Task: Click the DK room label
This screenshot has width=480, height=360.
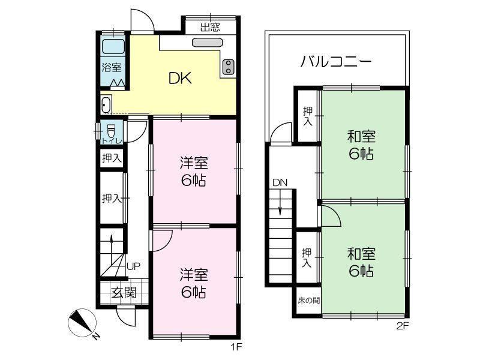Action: (181, 78)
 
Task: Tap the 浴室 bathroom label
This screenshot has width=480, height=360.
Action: (112, 67)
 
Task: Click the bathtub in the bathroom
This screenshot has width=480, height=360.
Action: (113, 47)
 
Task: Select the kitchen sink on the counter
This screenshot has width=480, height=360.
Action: (207, 42)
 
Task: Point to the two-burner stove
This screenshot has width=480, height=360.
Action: (229, 67)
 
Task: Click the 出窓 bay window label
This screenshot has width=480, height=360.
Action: (210, 28)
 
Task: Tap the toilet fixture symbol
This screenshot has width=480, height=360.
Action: (111, 131)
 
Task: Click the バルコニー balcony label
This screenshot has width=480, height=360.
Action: (336, 62)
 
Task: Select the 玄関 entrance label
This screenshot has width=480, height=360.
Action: (124, 293)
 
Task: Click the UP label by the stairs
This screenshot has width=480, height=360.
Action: (133, 266)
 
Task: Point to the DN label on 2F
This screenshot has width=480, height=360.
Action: (280, 183)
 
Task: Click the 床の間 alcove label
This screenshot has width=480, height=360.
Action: (308, 301)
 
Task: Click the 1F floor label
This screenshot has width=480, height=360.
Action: (236, 347)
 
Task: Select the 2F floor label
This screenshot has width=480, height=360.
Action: (403, 326)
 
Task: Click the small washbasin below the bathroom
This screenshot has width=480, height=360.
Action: (106, 104)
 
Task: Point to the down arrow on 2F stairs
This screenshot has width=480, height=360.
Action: (280, 202)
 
